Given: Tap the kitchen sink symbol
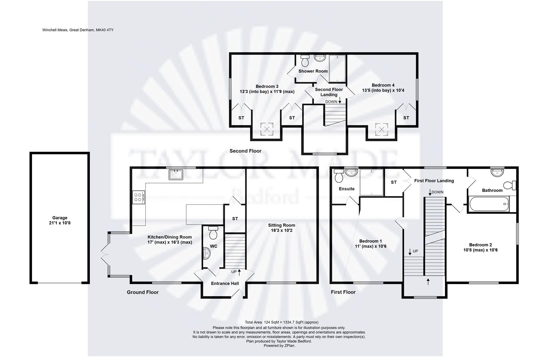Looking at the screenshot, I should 176,174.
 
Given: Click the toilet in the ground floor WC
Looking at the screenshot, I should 213,233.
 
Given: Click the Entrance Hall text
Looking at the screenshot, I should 225,283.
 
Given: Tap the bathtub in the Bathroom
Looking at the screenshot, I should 489,203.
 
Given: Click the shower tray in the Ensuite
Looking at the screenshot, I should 371,182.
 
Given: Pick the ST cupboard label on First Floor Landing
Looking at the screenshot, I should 394,182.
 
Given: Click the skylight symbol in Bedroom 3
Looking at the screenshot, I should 267,129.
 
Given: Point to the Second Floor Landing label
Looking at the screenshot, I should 329,92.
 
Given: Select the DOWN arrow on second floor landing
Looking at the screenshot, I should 339,101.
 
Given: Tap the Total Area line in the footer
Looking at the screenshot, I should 281,322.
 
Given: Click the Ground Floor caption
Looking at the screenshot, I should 143,292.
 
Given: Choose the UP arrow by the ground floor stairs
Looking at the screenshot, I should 239,272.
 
